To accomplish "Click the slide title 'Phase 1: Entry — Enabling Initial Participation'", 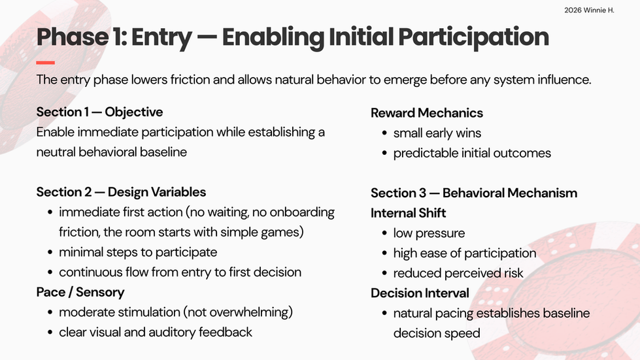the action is [293, 37].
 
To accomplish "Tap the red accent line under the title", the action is [45, 62].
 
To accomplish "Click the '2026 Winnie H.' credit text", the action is [589, 10].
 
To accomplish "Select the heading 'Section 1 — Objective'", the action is [99, 112].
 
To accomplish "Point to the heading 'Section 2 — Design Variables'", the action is [121, 192].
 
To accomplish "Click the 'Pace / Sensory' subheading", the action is [80, 292].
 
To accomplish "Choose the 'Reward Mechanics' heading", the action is [426, 113].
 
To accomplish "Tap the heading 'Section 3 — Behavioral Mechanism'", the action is [474, 193].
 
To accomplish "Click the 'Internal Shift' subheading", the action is [408, 213].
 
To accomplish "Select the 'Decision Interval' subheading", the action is [420, 293].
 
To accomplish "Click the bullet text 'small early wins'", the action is [437, 133].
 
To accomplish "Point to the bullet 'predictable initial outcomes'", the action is [472, 153].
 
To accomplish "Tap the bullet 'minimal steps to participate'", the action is [138, 252].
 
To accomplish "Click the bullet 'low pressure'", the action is [429, 233].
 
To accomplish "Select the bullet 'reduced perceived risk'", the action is [458, 273].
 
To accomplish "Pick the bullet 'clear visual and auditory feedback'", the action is [156, 333].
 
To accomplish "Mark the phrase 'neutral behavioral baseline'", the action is [111, 152].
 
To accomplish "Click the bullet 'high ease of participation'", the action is [465, 254].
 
